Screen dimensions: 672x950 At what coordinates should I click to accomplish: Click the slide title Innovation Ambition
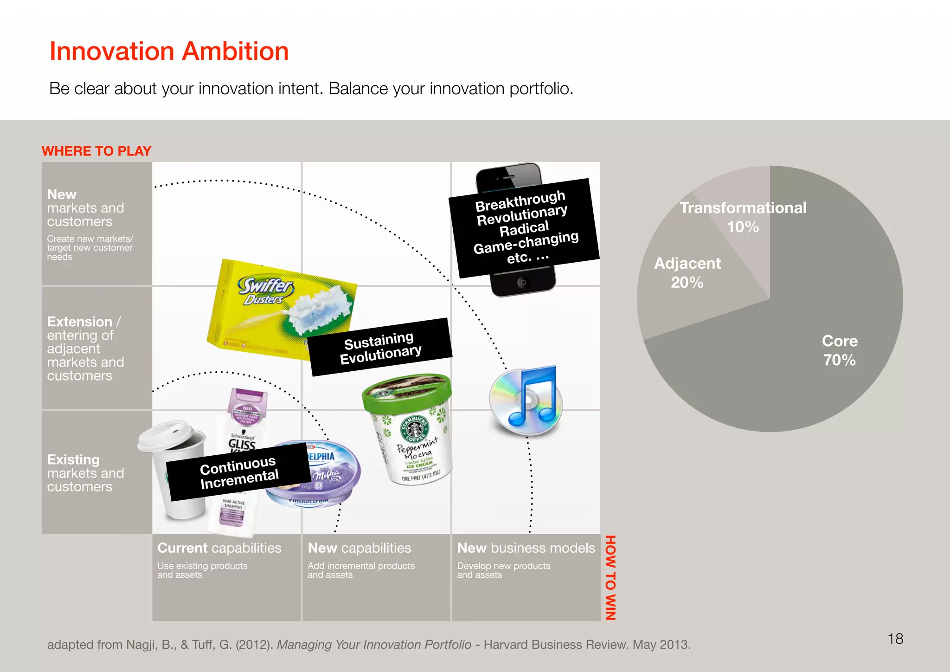(169, 51)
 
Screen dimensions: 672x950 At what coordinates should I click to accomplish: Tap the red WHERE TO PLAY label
(96, 151)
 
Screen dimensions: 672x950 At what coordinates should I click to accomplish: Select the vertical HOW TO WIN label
(610, 577)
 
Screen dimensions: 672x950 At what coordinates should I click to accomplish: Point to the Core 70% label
(840, 350)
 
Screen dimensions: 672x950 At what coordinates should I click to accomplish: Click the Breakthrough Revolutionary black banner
(524, 227)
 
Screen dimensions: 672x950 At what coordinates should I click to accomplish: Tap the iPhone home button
(522, 282)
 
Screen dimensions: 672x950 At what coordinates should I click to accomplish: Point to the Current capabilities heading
(219, 548)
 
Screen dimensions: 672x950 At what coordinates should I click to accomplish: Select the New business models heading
(526, 548)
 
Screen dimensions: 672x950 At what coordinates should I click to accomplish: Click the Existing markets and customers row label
(85, 473)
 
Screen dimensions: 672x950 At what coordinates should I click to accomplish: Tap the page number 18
(895, 639)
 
